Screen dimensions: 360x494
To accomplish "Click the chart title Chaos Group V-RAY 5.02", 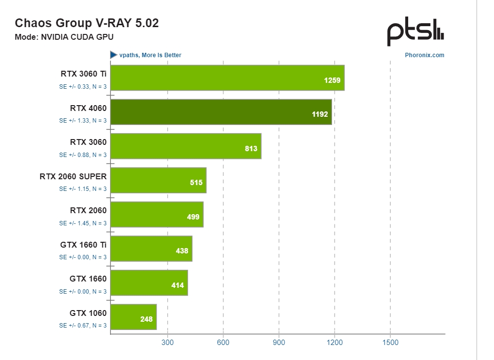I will pyautogui.click(x=87, y=23).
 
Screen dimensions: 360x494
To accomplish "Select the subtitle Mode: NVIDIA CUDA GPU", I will pyautogui.click(x=64, y=37).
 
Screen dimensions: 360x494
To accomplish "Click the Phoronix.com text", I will pyautogui.click(x=424, y=55).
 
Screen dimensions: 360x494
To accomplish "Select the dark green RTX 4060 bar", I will pyautogui.click(x=221, y=112).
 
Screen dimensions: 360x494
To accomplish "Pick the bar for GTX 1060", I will pyautogui.click(x=133, y=317).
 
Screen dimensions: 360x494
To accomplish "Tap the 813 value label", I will pyautogui.click(x=251, y=149).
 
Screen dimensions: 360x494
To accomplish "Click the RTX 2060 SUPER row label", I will pyautogui.click(x=73, y=176).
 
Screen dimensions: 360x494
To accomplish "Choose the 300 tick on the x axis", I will pyautogui.click(x=167, y=343).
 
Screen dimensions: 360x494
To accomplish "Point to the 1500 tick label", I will pyautogui.click(x=390, y=343).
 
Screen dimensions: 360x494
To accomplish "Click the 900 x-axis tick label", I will pyautogui.click(x=279, y=343).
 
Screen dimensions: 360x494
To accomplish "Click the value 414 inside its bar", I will pyautogui.click(x=177, y=285).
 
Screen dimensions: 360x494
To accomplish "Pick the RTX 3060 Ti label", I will pyautogui.click(x=83, y=74).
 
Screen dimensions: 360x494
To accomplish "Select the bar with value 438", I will pyautogui.click(x=151, y=249).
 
